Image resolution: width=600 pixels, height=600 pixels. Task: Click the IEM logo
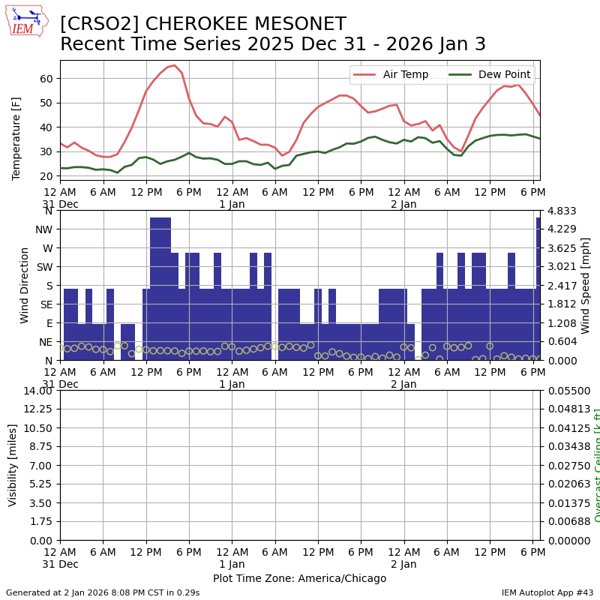coord(26,22)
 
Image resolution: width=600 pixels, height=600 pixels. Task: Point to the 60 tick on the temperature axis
coord(45,79)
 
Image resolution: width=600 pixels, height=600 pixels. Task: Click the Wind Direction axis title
coord(25,285)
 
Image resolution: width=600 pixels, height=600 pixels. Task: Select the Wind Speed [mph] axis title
coord(586,285)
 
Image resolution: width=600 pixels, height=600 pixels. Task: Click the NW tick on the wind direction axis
coord(43,229)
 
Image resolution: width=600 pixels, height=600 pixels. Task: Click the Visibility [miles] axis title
coord(13,465)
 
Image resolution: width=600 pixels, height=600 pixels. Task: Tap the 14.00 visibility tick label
coord(37,391)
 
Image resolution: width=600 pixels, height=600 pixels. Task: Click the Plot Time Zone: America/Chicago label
coord(299,578)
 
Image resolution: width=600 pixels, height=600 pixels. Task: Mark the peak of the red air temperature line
coord(174,65)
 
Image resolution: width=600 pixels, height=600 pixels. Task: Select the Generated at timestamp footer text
coord(103,592)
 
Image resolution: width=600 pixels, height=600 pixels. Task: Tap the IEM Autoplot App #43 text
coord(547,592)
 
